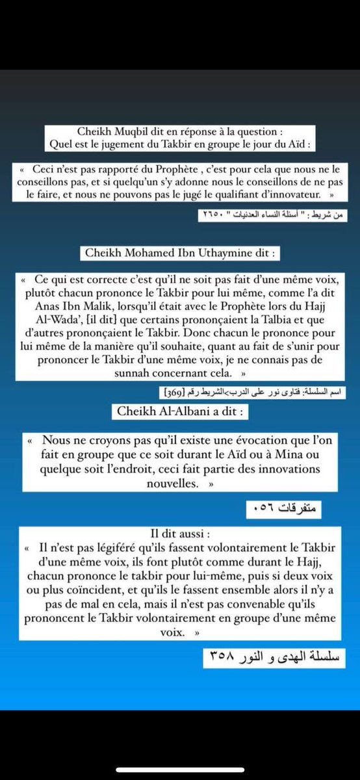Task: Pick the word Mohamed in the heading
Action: (x=151, y=252)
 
